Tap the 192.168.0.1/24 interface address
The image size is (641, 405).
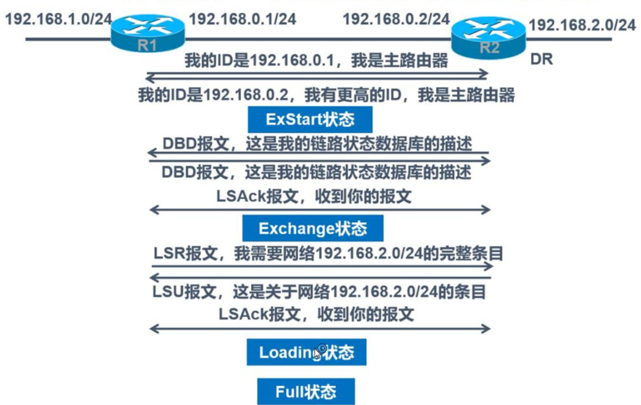click(x=242, y=19)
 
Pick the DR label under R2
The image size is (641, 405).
click(x=541, y=59)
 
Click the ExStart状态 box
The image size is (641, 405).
click(x=310, y=118)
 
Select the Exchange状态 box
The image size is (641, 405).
click(x=313, y=228)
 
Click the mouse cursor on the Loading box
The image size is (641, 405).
click(x=317, y=353)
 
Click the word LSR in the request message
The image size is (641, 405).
click(x=166, y=253)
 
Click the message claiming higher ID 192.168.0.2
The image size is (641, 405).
click(x=325, y=95)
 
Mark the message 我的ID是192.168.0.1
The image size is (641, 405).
click(x=316, y=60)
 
